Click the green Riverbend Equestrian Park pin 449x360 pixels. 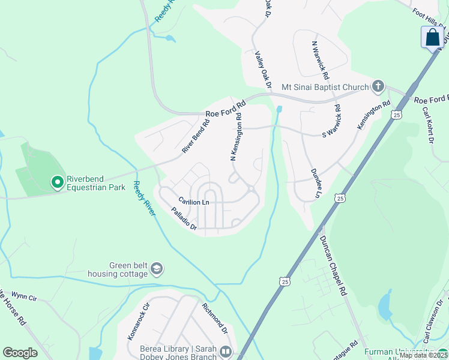(x=58, y=181)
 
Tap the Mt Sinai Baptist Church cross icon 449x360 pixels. (x=378, y=86)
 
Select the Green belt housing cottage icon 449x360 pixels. (x=157, y=268)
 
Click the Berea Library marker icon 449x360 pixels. (x=226, y=351)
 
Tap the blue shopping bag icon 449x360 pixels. (x=432, y=37)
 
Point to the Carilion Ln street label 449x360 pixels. (x=193, y=202)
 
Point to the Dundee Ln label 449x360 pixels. (x=314, y=183)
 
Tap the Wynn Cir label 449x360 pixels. (x=25, y=296)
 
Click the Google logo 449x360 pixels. (x=20, y=353)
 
